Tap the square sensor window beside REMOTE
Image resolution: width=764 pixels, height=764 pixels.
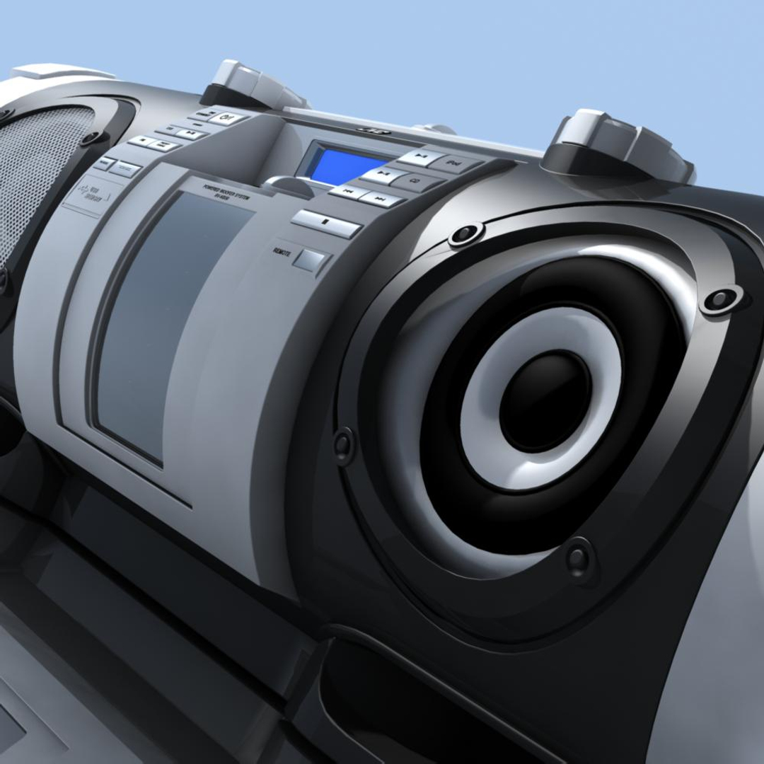[x=310, y=260]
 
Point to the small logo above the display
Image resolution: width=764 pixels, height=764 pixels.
[x=369, y=130]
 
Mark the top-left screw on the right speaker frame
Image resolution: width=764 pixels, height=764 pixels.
[x=465, y=234]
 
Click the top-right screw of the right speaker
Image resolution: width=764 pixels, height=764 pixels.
[x=720, y=299]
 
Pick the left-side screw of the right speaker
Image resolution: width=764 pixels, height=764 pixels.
[x=343, y=444]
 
